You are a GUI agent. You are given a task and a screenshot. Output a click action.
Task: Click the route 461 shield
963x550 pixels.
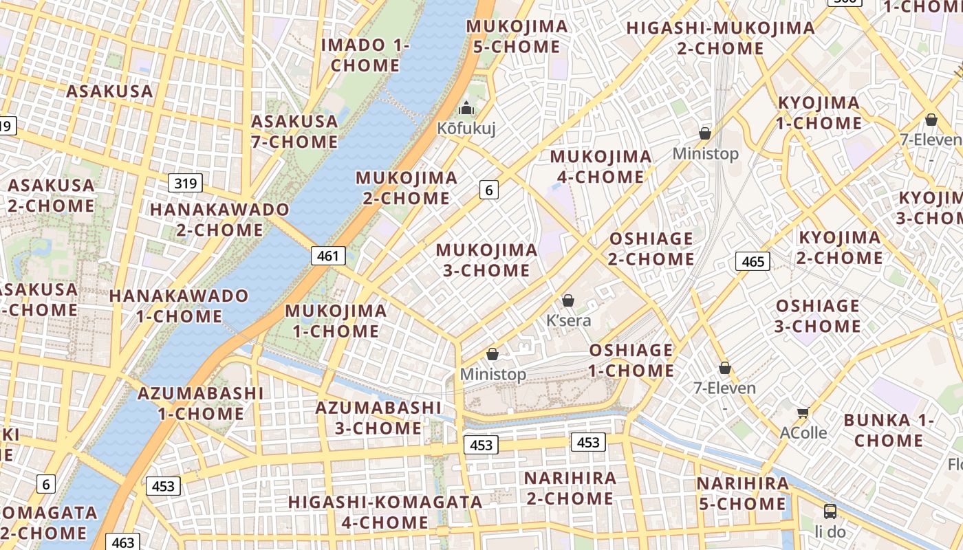328,256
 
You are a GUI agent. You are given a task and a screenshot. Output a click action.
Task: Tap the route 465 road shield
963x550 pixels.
753,261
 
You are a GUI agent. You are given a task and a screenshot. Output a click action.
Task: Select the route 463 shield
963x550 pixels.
123,542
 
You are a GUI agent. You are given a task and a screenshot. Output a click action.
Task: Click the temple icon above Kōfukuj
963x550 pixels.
466,109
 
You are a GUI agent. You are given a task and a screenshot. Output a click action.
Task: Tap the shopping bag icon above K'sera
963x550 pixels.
568,300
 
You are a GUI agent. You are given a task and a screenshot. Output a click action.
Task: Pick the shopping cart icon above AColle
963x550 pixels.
803,412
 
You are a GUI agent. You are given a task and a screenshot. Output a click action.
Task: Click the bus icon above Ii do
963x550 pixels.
830,511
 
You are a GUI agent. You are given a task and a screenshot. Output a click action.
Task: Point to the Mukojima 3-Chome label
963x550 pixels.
486,260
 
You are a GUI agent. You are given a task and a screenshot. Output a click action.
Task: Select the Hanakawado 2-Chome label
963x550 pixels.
219,219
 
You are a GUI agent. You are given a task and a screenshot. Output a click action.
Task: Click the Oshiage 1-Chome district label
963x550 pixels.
631,360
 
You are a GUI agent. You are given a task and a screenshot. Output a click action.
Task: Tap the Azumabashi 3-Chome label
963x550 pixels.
378,417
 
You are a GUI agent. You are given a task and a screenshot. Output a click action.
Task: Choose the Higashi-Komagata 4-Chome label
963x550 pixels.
385,512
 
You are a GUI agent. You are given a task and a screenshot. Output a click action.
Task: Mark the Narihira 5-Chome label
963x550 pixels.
742,494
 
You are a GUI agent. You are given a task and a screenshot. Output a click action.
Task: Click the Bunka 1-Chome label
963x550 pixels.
889,430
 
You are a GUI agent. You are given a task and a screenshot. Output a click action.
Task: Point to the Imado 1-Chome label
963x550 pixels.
365,56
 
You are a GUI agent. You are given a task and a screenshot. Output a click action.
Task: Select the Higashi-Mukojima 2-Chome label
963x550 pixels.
720,38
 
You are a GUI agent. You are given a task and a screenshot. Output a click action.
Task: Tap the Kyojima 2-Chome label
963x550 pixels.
839,247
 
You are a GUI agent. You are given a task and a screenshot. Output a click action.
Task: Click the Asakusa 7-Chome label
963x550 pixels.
294,132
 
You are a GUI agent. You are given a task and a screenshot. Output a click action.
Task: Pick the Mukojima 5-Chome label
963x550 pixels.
517,37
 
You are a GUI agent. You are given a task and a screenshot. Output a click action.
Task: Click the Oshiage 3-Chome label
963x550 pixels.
818,316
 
